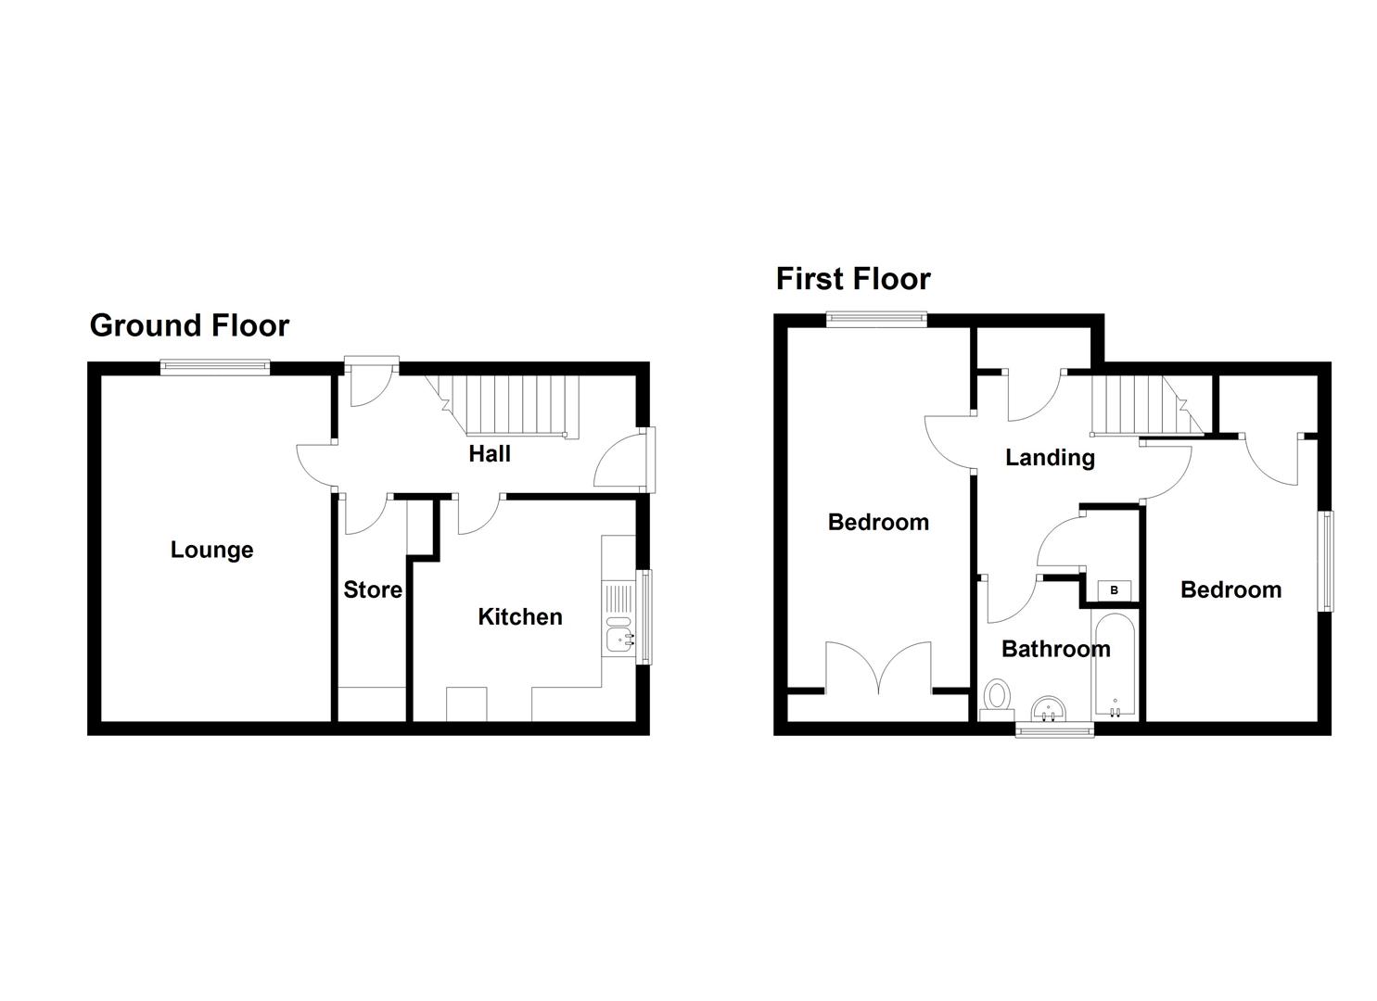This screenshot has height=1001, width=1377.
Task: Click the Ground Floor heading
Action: tap(189, 325)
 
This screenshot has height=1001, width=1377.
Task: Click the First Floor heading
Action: tap(852, 279)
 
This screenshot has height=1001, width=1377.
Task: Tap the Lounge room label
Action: tap(211, 550)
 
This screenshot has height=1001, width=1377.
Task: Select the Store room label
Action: tap(373, 589)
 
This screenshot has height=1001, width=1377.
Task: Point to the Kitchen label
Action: tap(519, 616)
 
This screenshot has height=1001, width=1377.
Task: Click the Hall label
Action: tap(489, 453)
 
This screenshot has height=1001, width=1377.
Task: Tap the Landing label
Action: tap(1050, 457)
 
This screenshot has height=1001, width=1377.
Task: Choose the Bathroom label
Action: tap(1055, 649)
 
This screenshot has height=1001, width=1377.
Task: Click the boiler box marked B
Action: tap(1114, 590)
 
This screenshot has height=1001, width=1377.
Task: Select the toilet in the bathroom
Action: tap(998, 697)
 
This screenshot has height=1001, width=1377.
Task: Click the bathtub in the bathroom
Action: tap(1114, 665)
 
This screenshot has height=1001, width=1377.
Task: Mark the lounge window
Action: tap(215, 368)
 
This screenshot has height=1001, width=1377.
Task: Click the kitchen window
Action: tap(645, 616)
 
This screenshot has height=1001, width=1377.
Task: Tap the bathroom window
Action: tap(1055, 730)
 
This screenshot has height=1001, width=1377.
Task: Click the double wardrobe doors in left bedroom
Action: tap(878, 667)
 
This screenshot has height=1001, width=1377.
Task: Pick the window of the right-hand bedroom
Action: tap(1326, 561)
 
